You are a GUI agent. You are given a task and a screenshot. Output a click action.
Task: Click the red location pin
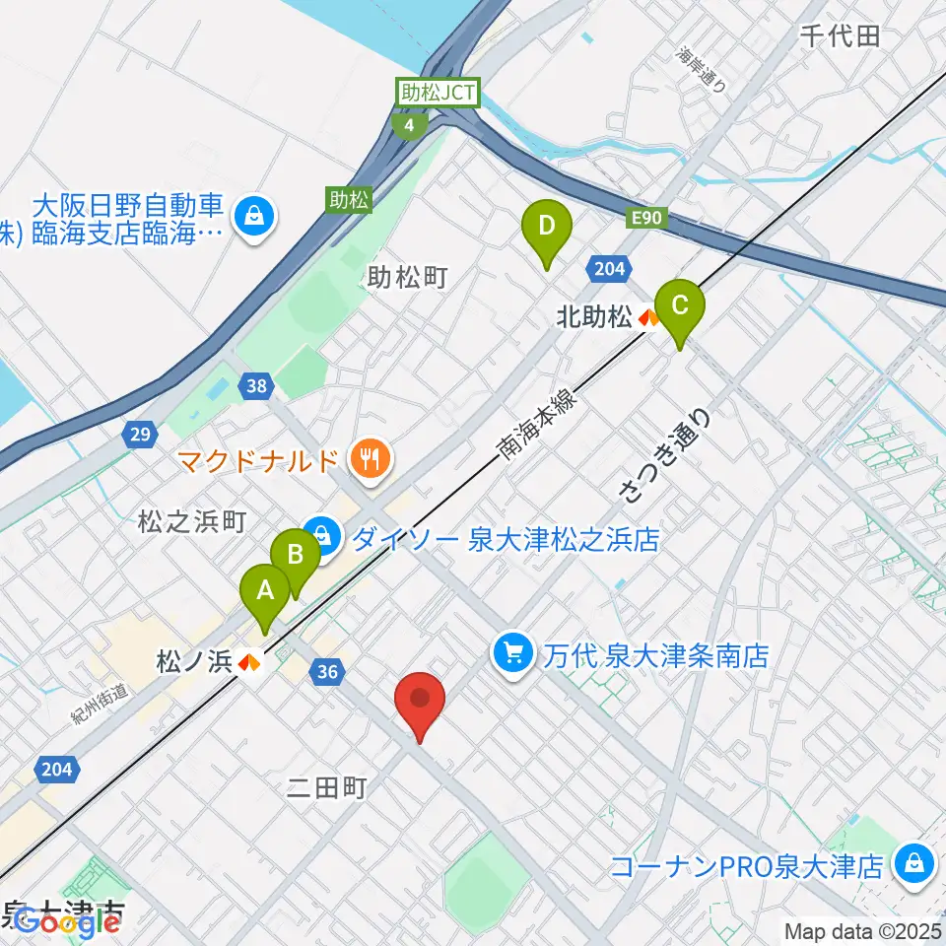click(421, 702)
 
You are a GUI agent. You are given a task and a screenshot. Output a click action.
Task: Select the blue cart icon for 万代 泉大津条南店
click(513, 650)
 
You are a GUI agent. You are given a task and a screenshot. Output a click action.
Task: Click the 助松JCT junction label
click(438, 94)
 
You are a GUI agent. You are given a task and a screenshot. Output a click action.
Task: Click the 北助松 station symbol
click(648, 317)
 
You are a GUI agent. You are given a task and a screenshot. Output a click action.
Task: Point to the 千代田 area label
click(839, 36)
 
